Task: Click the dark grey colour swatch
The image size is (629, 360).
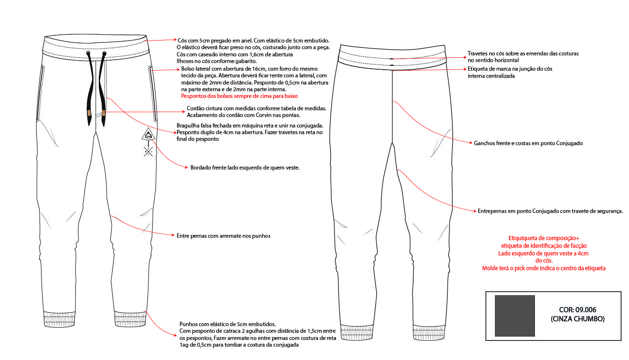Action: tap(514, 316)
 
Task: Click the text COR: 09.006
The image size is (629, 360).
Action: tap(577, 310)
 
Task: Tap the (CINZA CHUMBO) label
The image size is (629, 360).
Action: tap(577, 319)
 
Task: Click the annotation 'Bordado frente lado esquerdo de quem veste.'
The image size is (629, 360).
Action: tap(244, 168)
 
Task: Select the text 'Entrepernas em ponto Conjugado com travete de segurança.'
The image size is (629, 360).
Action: tap(550, 211)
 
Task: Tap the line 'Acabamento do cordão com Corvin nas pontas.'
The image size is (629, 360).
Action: tap(243, 116)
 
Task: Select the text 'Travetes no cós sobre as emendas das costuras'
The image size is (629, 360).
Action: tap(523, 53)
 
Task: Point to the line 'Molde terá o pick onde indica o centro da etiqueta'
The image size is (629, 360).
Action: tap(544, 268)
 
